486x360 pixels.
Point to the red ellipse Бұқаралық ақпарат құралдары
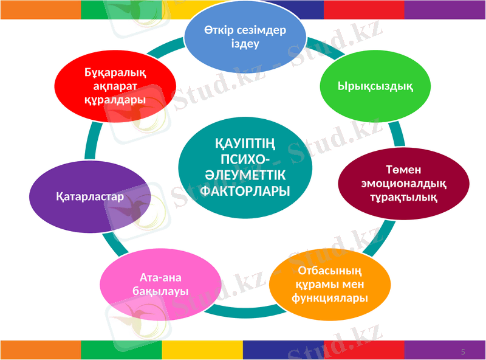[115, 85]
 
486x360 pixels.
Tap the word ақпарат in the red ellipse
[115, 86]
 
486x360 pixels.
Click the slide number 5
[463, 352]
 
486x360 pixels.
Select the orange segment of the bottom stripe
[40, 350]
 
